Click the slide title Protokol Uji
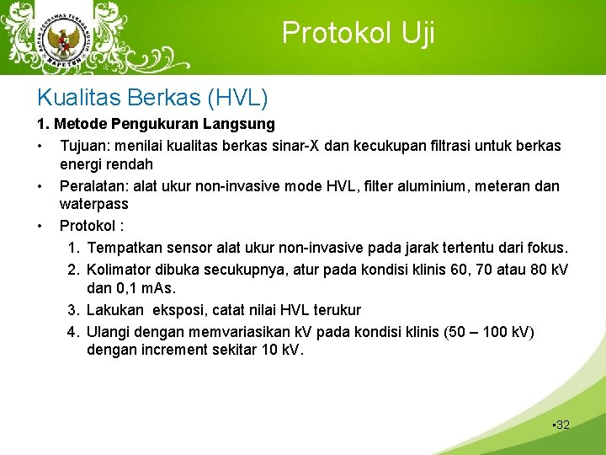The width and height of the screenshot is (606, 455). (358, 33)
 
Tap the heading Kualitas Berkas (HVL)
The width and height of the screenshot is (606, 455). (152, 99)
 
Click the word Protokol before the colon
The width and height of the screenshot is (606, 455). (88, 226)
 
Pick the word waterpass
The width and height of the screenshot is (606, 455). (93, 205)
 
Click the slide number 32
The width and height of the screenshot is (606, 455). (561, 425)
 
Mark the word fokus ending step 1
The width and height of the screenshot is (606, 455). (548, 247)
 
